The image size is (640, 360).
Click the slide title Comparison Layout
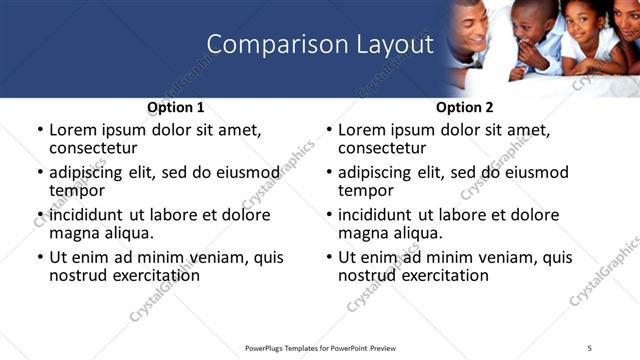[320, 45]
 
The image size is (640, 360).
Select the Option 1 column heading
[176, 107]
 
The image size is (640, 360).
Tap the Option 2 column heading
[465, 107]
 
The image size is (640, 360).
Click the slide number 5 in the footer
[589, 347]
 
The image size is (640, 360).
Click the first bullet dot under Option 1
[39, 131]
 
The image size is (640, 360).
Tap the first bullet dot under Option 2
[328, 131]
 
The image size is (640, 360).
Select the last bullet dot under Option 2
[328, 258]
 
